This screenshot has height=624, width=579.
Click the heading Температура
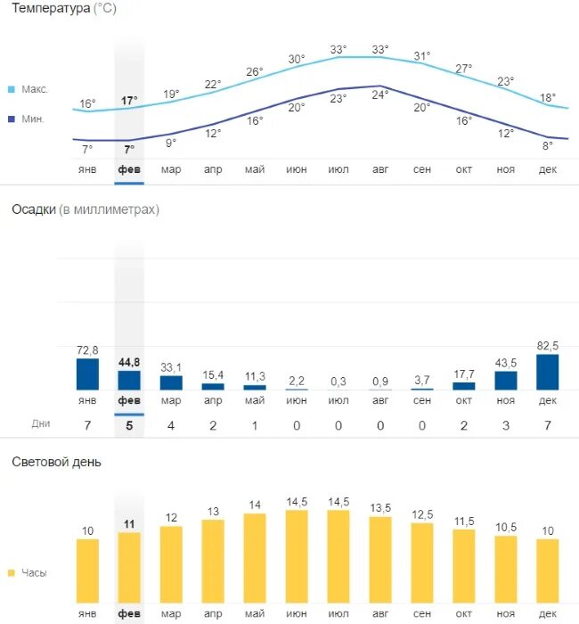point(51,10)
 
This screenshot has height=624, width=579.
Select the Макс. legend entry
point(34,89)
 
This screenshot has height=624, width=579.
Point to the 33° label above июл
point(338,49)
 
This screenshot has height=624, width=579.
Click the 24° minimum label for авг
point(380,94)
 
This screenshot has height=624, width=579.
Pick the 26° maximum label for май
point(255,71)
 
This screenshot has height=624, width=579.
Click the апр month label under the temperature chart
point(213,168)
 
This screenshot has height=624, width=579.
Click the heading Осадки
point(34,209)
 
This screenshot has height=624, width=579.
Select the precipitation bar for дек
point(547,373)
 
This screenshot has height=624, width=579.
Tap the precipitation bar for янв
point(87,374)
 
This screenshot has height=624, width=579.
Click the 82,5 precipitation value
point(547,345)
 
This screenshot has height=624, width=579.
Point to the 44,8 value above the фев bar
point(129,362)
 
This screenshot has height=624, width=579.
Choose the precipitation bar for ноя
point(505,381)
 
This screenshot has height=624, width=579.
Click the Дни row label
point(41,423)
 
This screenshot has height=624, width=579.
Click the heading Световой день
point(56,462)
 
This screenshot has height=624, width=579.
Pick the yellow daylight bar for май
point(255,557)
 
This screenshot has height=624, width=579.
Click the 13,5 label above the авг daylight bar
point(380,508)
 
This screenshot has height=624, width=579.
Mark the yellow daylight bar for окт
point(463,566)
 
